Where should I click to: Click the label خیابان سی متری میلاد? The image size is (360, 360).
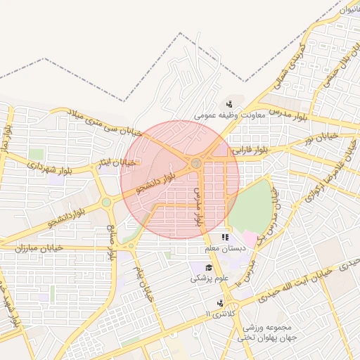(x=105, y=123)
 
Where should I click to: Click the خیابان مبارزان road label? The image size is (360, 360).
(x=34, y=248)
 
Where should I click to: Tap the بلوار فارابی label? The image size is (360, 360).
(x=252, y=150)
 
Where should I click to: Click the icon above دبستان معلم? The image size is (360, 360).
(x=225, y=238)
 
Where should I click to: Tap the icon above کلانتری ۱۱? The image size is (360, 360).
(x=221, y=302)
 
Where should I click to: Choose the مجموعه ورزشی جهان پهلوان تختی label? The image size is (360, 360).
(x=271, y=333)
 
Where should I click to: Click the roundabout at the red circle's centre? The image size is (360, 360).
(x=196, y=164)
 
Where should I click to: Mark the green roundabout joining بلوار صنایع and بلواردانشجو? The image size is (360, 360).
(x=106, y=202)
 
